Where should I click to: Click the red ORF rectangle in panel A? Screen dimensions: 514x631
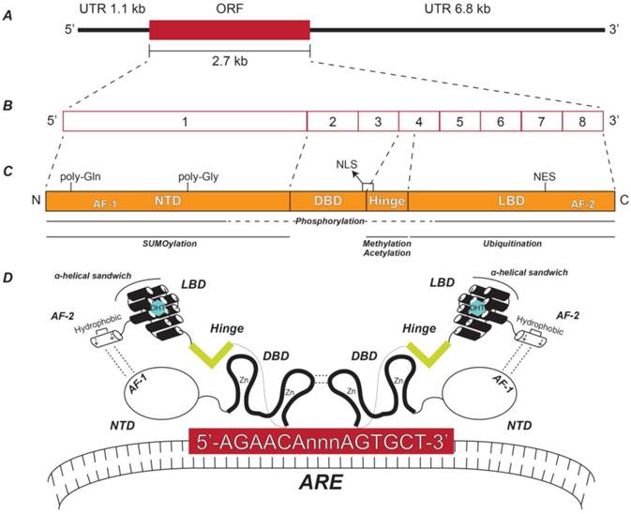(229, 29)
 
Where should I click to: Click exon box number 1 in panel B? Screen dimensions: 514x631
(185, 122)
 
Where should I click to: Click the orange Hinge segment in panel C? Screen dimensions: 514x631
(385, 201)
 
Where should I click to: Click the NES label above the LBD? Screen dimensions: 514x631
(545, 175)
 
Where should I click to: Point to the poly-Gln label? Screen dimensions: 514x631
(81, 175)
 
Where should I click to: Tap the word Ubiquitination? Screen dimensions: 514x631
(511, 243)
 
